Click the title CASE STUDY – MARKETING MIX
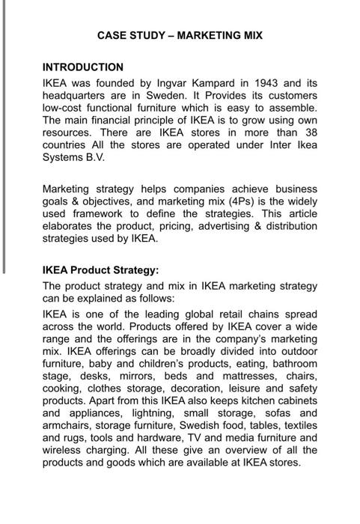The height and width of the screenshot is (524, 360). coord(180,35)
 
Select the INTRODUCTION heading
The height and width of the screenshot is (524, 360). coord(83,67)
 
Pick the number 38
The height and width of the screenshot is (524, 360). coord(310,133)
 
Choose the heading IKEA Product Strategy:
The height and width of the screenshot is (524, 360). coord(101,270)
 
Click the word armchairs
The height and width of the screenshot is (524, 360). coord(71,425)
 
